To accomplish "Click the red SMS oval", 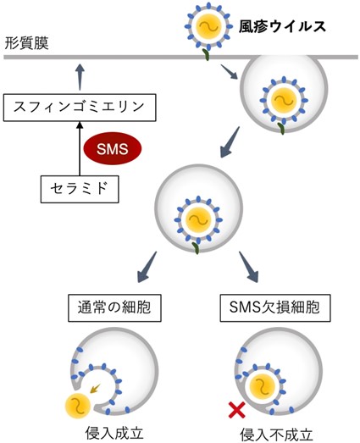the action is pos(112,148).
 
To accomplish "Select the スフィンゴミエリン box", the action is pos(80,108).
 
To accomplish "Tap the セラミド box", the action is pos(80,189).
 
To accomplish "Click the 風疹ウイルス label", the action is pos(282,26).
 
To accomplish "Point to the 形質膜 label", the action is pos(26,43).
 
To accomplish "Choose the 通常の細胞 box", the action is pos(114,307).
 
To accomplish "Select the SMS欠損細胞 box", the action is pos(275,307).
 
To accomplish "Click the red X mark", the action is pos(237,410).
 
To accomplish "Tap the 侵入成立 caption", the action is pos(114,432).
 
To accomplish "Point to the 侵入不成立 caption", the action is pos(276,435).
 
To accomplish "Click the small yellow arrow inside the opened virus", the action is pos(95,389).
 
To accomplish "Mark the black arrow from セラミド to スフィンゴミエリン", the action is pos(80,148).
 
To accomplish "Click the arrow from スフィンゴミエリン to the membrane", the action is pos(80,77).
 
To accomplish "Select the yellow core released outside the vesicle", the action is pos(78,406).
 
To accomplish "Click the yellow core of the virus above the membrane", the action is pos(208,26).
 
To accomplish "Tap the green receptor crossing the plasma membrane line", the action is pos(207,55).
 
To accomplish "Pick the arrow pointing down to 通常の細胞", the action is pos(147,267).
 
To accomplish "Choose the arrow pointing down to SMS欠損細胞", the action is pos(248,267).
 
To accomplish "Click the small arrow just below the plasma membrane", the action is pos(229,72).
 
